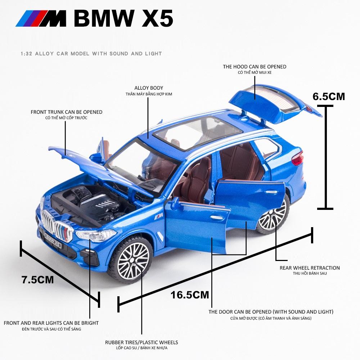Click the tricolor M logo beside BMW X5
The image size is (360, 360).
(x=41, y=18)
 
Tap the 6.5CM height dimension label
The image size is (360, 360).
(x=329, y=96)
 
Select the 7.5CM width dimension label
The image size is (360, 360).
(x=38, y=280)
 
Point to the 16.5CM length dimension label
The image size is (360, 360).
(x=190, y=295)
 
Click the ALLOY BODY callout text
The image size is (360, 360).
(x=149, y=88)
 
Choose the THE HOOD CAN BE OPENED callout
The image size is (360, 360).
(x=255, y=67)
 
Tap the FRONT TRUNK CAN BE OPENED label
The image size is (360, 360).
(x=67, y=112)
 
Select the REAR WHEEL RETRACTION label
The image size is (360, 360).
(x=310, y=268)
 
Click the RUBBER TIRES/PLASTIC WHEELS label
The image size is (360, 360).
(x=141, y=342)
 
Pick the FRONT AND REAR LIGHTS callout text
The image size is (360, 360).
(x=51, y=323)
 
